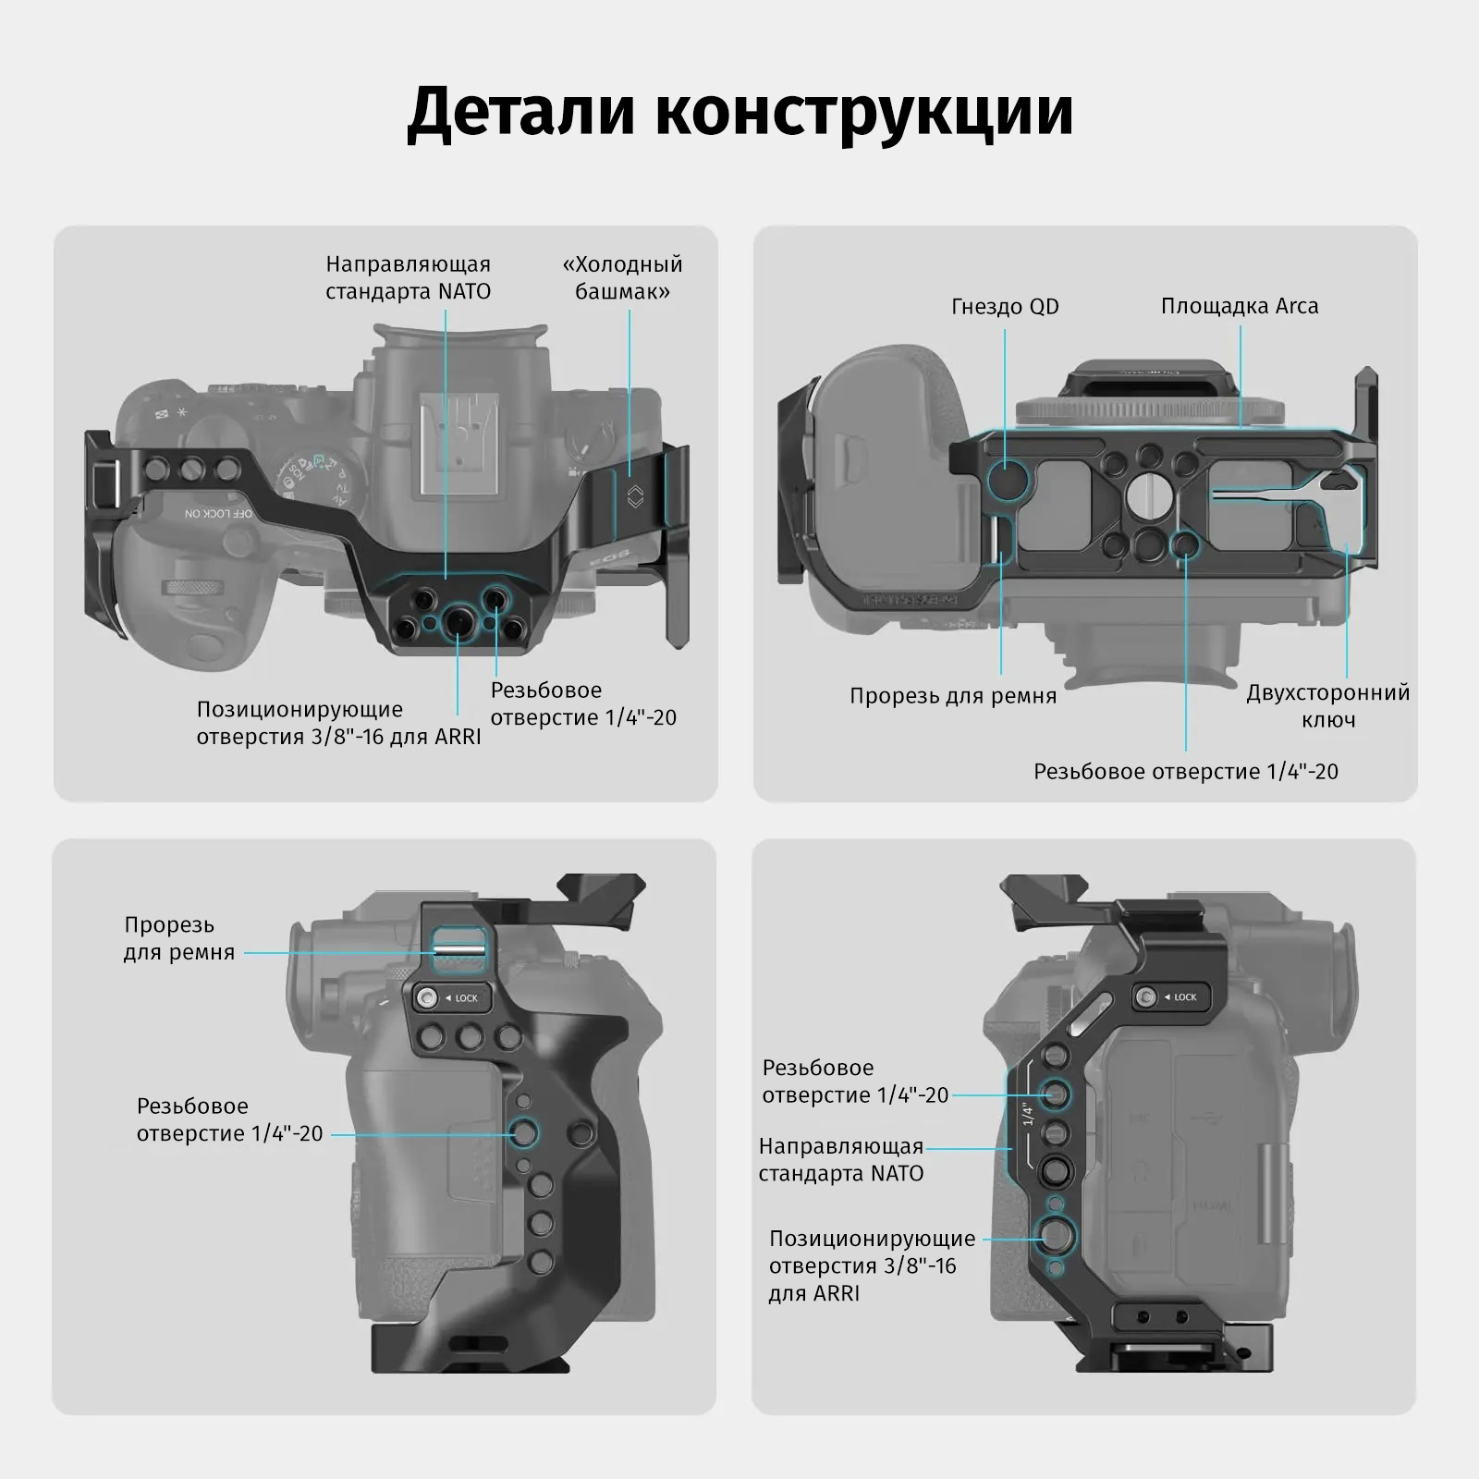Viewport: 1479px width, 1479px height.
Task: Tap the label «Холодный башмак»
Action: click(x=622, y=277)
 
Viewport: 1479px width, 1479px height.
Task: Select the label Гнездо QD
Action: click(x=1005, y=306)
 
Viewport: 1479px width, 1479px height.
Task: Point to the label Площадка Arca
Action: click(x=1240, y=306)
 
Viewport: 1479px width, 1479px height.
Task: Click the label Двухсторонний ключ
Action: click(x=1327, y=705)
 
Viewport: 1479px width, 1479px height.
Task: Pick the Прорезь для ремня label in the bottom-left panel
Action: click(x=179, y=938)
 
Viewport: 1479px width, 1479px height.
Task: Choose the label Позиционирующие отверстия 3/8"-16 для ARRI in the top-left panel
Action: click(x=338, y=723)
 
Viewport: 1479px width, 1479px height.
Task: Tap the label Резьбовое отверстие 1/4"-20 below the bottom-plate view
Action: click(x=1185, y=771)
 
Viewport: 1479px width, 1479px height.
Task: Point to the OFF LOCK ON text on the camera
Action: click(x=218, y=512)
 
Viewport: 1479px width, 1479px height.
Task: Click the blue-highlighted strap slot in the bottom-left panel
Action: click(x=459, y=950)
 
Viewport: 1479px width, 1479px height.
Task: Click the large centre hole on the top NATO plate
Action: click(x=456, y=624)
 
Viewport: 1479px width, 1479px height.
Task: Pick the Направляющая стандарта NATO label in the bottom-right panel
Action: click(x=840, y=1159)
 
